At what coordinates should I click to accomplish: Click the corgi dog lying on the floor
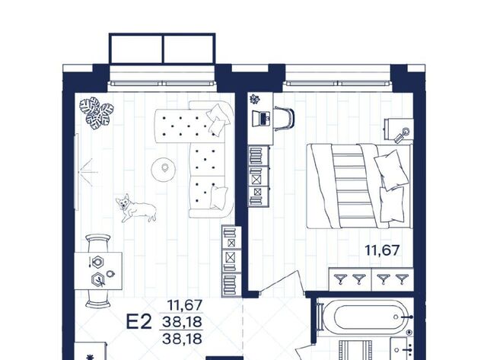135,208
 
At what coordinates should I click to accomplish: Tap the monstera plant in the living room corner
97,113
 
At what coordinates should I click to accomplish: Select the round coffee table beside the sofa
164,170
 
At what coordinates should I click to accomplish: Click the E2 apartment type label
138,321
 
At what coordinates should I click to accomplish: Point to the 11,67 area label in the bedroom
382,250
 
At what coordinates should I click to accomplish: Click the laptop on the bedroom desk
260,118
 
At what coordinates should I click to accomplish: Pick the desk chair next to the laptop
284,118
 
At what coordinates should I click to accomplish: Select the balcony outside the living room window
162,49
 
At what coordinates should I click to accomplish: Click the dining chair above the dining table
98,243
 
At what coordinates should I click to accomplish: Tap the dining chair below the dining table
98,299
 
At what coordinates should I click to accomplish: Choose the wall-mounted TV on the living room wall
77,172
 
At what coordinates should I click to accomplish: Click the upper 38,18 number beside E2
183,322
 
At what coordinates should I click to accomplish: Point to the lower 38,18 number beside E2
183,339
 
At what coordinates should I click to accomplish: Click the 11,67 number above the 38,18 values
185,305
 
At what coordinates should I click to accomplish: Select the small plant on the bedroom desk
256,99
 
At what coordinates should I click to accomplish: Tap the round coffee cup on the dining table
110,274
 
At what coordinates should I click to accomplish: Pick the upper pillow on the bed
390,169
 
